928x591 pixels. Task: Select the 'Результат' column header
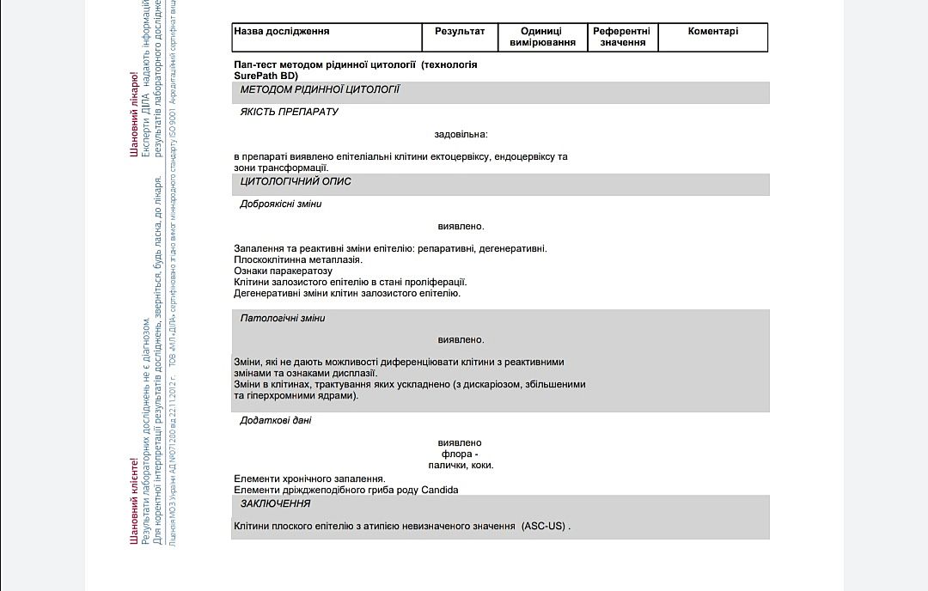tap(460, 32)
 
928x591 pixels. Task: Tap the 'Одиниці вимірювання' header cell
tap(542, 37)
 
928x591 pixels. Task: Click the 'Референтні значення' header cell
tap(622, 37)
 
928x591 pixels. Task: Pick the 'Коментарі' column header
tap(712, 32)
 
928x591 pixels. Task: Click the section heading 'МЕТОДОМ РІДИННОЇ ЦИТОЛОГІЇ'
tap(320, 90)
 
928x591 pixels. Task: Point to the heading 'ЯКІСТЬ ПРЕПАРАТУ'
tap(289, 113)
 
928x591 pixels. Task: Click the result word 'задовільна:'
tap(461, 135)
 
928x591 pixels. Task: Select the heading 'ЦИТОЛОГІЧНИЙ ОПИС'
tap(296, 182)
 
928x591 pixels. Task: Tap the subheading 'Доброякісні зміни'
tap(280, 204)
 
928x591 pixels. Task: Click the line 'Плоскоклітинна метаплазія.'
tap(298, 259)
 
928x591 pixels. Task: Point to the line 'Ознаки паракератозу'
tap(283, 271)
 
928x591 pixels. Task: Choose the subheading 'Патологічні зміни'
tap(282, 319)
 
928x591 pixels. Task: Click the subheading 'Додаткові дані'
tap(275, 421)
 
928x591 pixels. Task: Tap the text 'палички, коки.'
tap(461, 466)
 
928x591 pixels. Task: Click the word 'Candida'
tap(439, 490)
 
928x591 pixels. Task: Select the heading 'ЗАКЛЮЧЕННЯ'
tap(275, 504)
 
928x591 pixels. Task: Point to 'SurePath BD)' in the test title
tap(266, 76)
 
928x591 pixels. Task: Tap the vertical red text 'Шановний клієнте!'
tap(134, 500)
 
